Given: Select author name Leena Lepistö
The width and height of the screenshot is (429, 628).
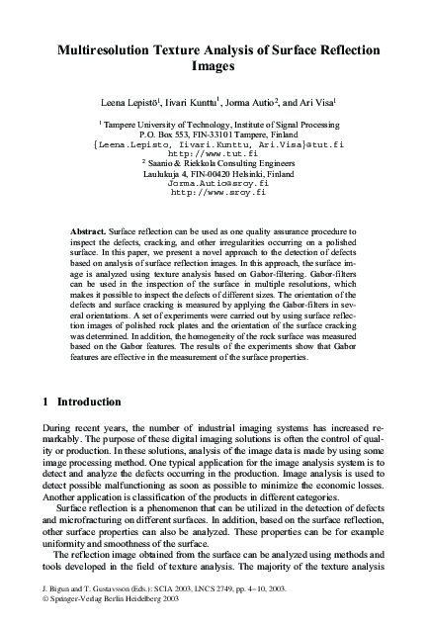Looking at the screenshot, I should (x=142, y=101).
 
